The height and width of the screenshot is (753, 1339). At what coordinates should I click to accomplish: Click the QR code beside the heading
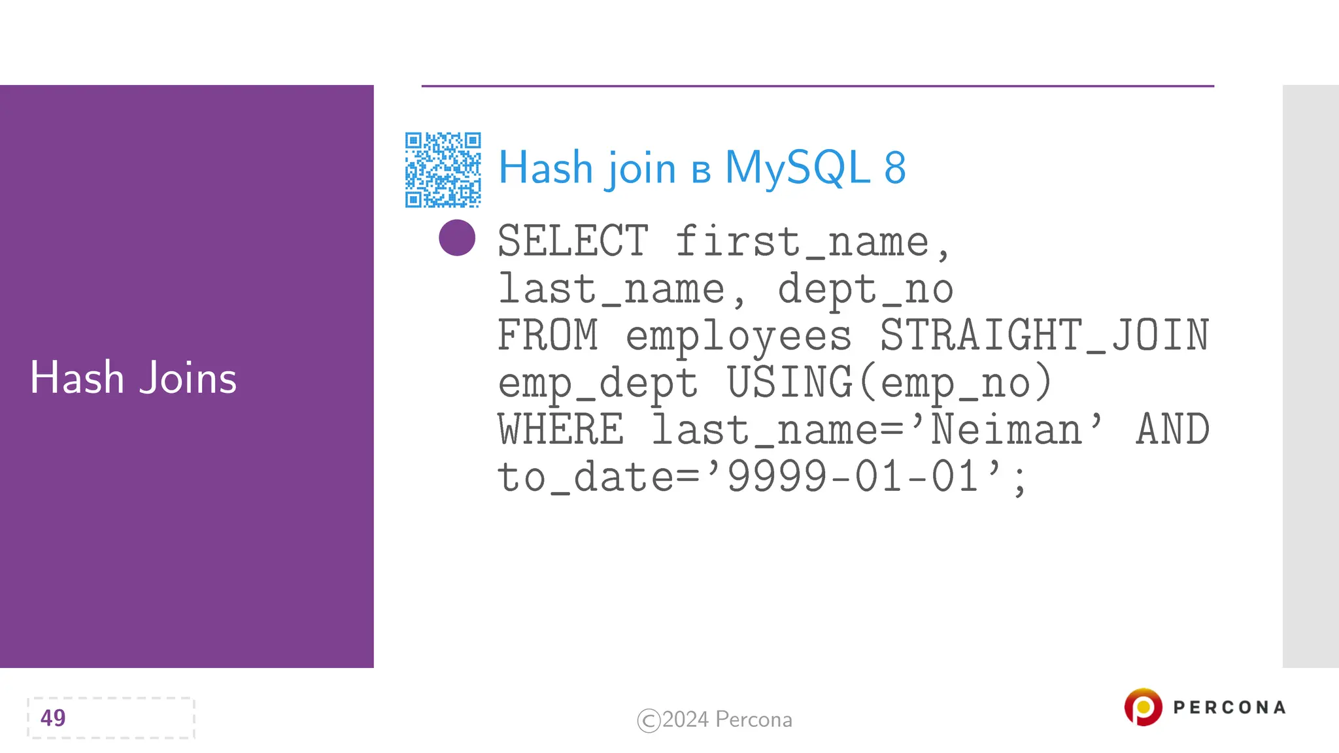point(443,170)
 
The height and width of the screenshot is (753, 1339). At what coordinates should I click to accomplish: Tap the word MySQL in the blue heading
point(797,168)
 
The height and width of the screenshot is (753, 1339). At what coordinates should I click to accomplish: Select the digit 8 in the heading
point(895,168)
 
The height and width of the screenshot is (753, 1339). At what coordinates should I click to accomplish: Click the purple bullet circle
point(457,237)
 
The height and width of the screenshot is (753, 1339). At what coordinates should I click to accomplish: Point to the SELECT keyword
point(573,241)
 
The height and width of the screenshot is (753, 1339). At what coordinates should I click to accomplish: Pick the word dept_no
point(865,289)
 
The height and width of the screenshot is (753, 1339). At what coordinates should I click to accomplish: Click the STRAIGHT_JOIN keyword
point(1044,335)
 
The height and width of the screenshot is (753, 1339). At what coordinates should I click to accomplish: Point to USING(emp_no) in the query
point(889,382)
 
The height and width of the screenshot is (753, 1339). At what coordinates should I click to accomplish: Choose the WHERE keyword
point(560,429)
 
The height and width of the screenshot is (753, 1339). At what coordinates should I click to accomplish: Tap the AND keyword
point(1172,429)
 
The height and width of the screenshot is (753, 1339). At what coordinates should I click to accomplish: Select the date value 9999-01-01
point(853,477)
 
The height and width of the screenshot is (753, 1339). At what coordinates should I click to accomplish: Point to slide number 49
point(53,718)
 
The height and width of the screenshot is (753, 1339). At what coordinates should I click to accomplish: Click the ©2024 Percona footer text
point(715,720)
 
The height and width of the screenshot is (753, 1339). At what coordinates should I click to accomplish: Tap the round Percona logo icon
point(1143,707)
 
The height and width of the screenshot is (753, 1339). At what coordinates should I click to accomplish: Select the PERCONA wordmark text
point(1229,707)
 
